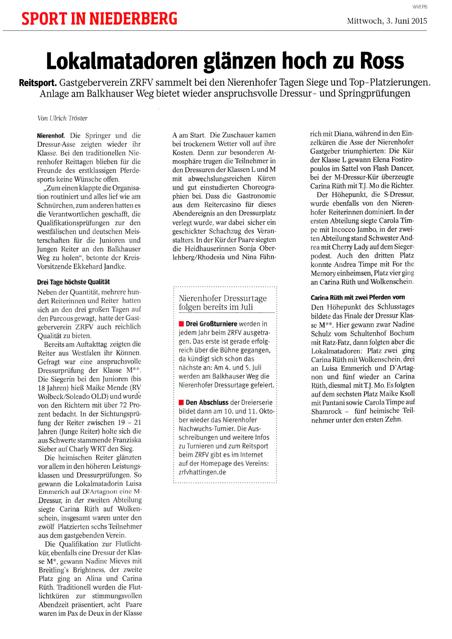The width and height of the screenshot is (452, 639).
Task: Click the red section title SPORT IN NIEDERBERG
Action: pyautogui.click(x=99, y=19)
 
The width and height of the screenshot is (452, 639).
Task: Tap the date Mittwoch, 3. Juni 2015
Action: pyautogui.click(x=387, y=21)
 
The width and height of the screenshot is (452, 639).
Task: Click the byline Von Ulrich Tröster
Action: pyautogui.click(x=62, y=118)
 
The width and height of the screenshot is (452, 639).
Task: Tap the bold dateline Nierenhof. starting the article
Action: pyautogui.click(x=51, y=136)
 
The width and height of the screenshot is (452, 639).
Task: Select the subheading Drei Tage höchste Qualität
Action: pyautogui.click(x=73, y=282)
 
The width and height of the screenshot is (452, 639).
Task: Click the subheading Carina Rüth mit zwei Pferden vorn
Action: pyautogui.click(x=358, y=297)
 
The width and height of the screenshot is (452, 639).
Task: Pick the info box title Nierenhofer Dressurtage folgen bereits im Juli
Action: pyautogui.click(x=223, y=303)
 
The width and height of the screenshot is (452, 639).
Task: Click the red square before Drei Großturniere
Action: pyautogui.click(x=181, y=324)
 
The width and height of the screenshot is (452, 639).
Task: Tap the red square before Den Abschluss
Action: pyautogui.click(x=181, y=403)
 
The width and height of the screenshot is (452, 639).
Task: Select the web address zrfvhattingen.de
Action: pyautogui.click(x=202, y=472)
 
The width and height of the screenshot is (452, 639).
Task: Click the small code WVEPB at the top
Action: pyautogui.click(x=420, y=7)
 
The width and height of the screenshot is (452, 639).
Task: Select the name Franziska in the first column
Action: pyautogui.click(x=124, y=440)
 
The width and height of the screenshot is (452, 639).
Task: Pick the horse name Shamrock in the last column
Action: pyautogui.click(x=327, y=411)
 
